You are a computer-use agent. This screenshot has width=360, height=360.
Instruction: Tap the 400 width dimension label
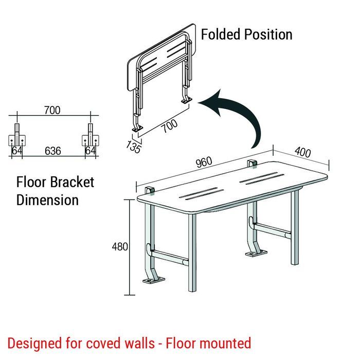pos(303,153)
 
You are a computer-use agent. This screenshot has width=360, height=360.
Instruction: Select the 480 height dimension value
pos(120,247)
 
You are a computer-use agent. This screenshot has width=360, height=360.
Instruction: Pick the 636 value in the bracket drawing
pos(52,151)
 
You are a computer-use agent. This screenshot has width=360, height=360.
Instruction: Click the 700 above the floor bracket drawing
pos(52,110)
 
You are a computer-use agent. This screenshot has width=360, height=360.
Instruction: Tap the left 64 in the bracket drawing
pos(17,151)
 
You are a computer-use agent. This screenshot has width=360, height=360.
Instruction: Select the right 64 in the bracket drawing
pos(90,151)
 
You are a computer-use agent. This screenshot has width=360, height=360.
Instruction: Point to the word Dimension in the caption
pos(47,200)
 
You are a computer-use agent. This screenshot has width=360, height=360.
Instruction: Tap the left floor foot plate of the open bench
pos(153,281)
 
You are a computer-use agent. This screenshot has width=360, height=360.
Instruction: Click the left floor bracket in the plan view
pos(17,139)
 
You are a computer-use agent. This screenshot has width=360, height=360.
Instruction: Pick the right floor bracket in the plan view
pos(90,139)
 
